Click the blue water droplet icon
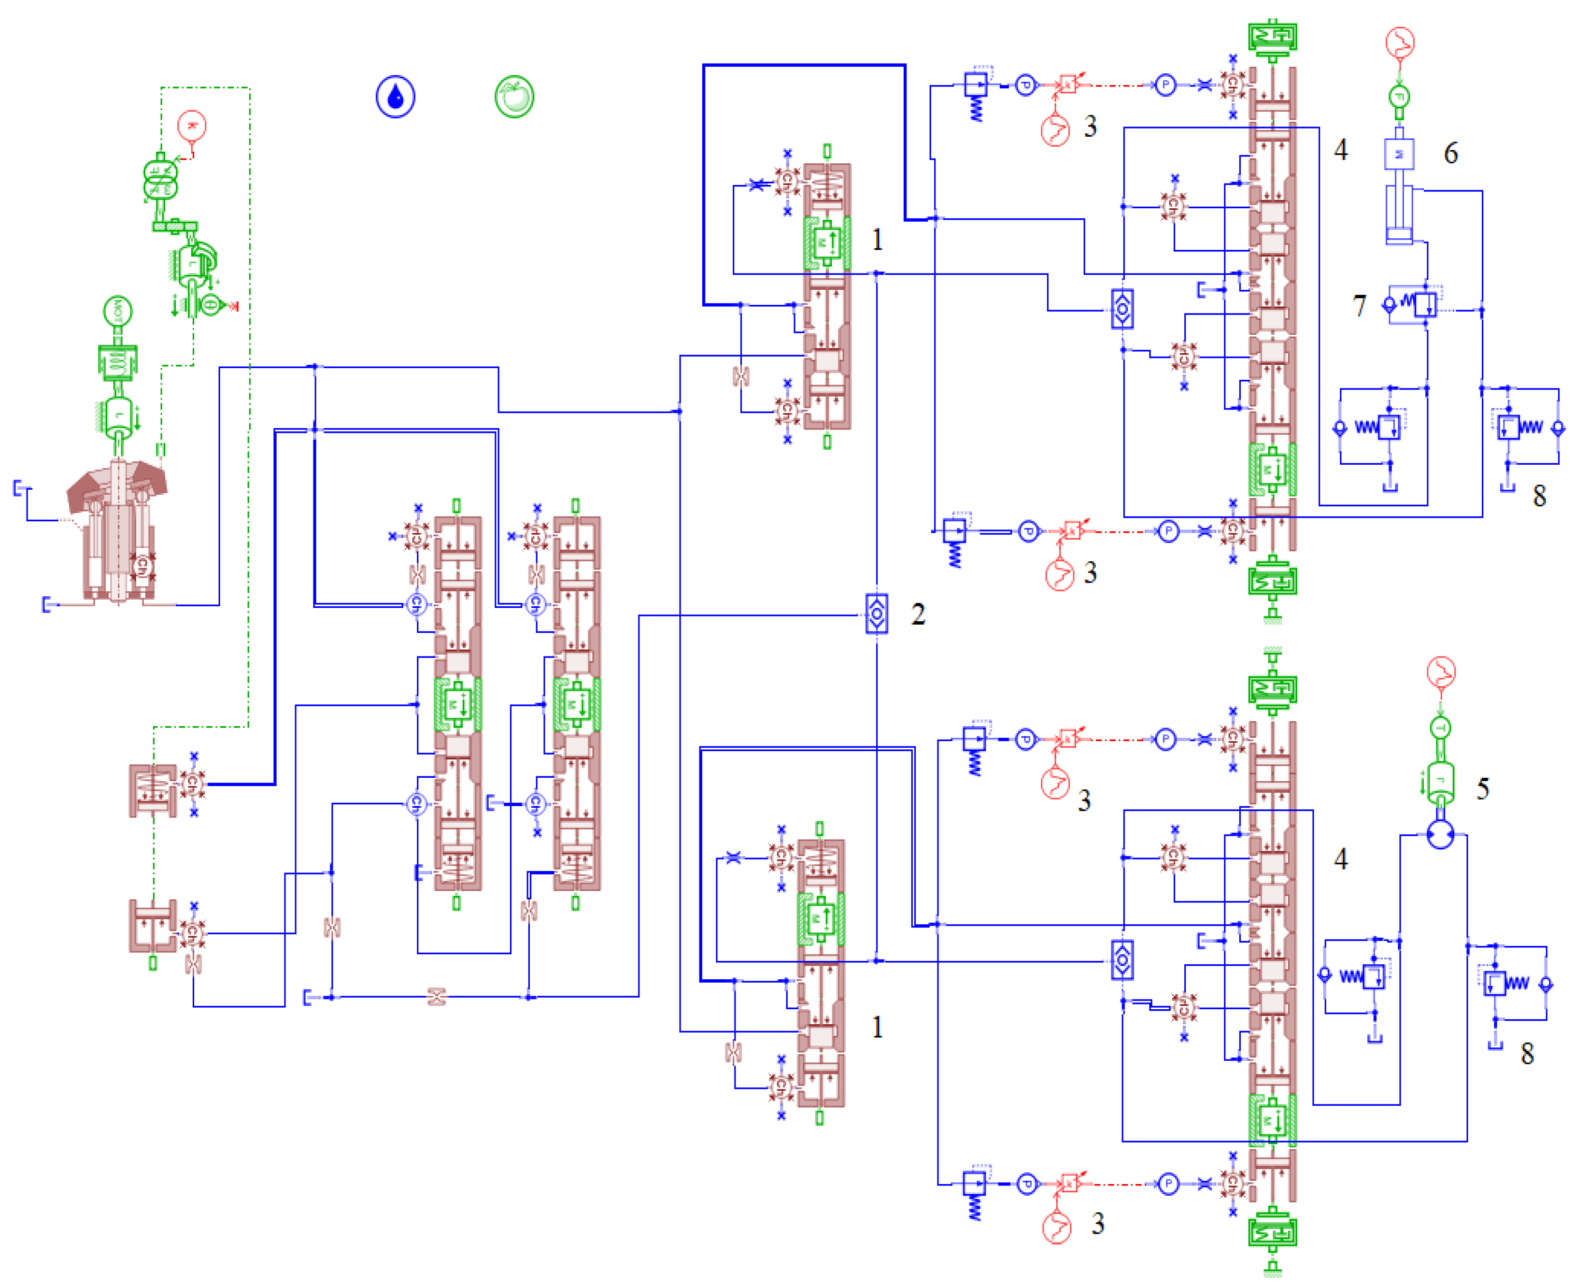(x=395, y=96)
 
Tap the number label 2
(x=918, y=614)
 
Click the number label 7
(x=1359, y=305)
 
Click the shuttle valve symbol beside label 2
(x=877, y=614)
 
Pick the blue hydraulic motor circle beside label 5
(x=1440, y=835)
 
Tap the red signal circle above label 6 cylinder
(x=1399, y=42)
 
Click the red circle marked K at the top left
(x=192, y=126)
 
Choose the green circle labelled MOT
(x=117, y=312)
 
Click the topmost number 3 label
(x=1090, y=127)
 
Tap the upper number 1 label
(x=877, y=240)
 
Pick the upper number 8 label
(x=1539, y=495)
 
